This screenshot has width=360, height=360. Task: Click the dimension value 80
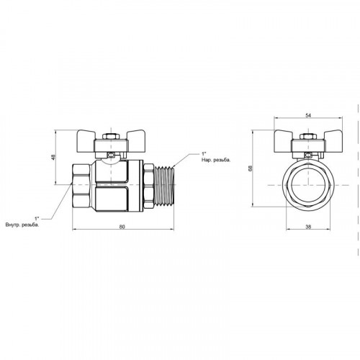pyautogui.click(x=122, y=227)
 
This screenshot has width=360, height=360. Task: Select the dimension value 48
pyautogui.click(x=53, y=157)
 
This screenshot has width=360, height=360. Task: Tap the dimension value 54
pyautogui.click(x=308, y=115)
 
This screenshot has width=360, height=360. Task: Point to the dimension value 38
pyautogui.click(x=308, y=227)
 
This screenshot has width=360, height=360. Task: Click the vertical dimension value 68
pyautogui.click(x=251, y=168)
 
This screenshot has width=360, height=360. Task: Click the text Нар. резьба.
pyautogui.click(x=216, y=160)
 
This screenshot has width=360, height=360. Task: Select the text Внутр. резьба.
pyautogui.click(x=22, y=225)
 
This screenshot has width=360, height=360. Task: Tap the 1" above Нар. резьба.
pyautogui.click(x=204, y=153)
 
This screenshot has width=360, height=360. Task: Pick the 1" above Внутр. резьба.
pyautogui.click(x=37, y=219)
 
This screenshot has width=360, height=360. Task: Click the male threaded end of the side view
pyautogui.click(x=164, y=186)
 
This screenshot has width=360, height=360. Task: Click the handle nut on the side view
pyautogui.click(x=111, y=137)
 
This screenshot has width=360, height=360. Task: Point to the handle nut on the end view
pyautogui.click(x=308, y=137)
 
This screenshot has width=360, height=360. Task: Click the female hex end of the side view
pyautogui.click(x=81, y=185)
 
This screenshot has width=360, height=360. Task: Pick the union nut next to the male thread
pyautogui.click(x=149, y=185)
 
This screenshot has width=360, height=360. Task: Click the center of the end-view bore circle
pyautogui.click(x=308, y=185)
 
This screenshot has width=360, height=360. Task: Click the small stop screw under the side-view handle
pyautogui.click(x=111, y=156)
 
